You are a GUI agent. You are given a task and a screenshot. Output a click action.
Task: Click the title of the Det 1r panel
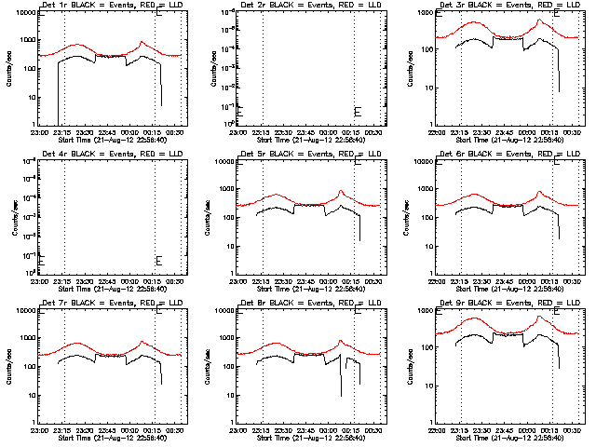tap(105, 5)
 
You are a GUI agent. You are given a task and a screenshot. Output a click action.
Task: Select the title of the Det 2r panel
tap(305, 5)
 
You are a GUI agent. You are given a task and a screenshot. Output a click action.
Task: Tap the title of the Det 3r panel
tap(503, 5)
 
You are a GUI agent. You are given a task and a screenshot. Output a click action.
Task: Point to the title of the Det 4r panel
tap(105, 154)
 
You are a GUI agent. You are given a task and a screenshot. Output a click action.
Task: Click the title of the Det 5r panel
tap(305, 154)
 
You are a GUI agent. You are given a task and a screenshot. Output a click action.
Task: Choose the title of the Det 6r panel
tap(503, 154)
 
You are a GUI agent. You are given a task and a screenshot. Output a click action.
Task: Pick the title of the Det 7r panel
tap(105, 303)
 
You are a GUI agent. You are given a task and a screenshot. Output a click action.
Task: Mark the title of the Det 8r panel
tap(305, 303)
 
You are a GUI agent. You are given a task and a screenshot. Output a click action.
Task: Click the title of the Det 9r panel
tap(503, 303)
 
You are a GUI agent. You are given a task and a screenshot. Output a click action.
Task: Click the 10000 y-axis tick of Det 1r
tap(25, 11)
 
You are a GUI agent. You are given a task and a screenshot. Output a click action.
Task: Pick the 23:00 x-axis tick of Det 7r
tap(39, 430)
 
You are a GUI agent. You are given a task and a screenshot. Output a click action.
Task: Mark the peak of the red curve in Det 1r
tap(142, 42)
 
